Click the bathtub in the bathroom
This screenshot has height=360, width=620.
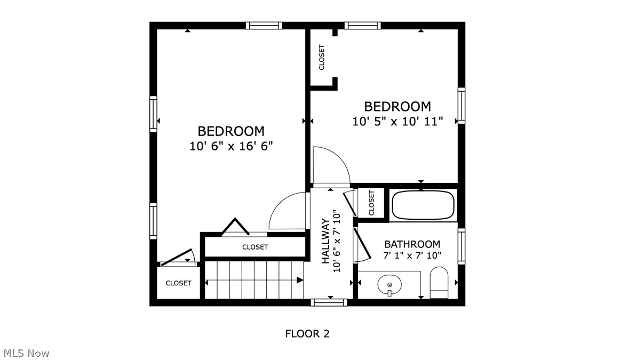click(423, 204)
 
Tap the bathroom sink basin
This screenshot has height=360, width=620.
click(390, 285)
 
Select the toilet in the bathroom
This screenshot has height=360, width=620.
click(439, 283)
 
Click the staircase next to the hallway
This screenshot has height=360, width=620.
click(254, 279)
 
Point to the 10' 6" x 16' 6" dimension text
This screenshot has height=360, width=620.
click(231, 146)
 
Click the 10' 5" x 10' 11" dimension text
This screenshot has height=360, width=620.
click(398, 122)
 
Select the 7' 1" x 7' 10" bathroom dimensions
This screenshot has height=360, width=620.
click(412, 255)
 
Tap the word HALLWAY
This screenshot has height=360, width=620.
click(325, 241)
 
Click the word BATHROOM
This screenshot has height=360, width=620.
click(412, 244)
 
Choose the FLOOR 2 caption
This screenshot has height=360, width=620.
click(307, 334)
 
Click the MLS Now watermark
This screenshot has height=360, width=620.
click(26, 353)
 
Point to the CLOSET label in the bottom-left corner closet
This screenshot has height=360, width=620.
click(178, 283)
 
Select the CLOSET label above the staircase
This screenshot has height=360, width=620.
click(255, 247)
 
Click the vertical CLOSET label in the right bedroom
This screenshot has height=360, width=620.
click(322, 57)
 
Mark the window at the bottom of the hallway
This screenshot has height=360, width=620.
click(329, 302)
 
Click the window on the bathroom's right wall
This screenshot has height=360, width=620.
click(462, 246)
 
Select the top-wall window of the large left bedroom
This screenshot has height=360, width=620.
click(264, 25)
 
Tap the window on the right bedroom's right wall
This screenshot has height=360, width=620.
click(462, 106)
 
